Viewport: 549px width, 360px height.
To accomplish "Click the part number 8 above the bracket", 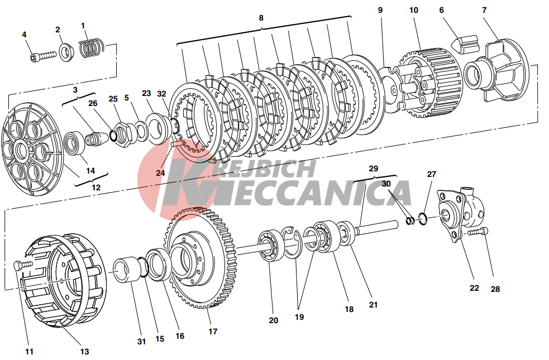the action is tap(261, 18).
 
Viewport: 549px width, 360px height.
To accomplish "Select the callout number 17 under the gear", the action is tap(213, 332).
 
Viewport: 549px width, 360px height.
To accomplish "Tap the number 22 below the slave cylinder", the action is tap(474, 288).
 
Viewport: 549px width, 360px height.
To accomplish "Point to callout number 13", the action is tap(85, 352).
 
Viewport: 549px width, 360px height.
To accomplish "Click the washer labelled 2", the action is tap(66, 52).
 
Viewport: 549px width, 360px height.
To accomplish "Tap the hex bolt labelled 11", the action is tap(23, 265).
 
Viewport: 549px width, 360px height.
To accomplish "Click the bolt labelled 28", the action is tap(478, 232).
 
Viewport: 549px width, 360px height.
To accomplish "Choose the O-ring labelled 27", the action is tap(423, 219).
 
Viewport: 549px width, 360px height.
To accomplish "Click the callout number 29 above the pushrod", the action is tap(374, 169).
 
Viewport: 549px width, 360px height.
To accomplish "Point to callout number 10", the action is tap(413, 10).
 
